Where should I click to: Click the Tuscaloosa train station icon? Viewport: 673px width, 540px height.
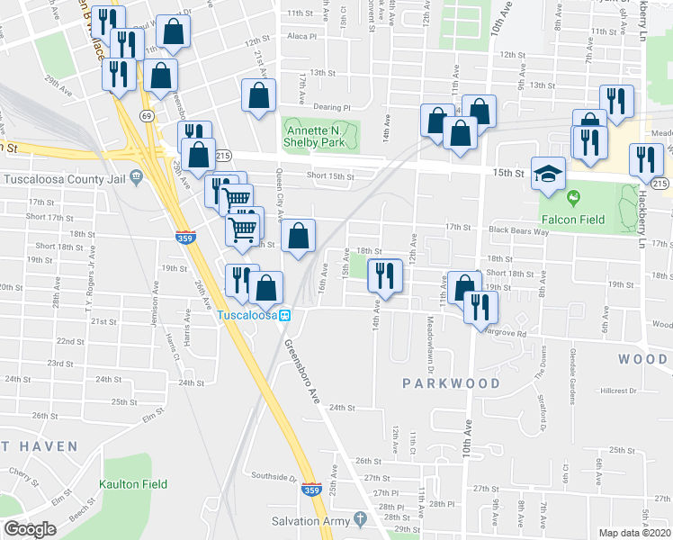pos(284,316)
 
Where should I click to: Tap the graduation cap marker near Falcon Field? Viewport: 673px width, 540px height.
pos(547,174)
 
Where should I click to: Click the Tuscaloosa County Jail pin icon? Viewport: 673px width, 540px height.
pos(136,176)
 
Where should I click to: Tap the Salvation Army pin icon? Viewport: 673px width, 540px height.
pos(360,520)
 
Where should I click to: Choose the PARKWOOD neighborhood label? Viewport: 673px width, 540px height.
pos(451,383)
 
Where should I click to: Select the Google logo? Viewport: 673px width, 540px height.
pos(30,529)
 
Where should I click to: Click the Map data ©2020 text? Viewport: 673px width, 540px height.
pos(635,533)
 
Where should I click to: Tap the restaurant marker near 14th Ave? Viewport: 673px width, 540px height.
pos(385,276)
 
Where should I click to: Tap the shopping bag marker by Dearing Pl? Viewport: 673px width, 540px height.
pos(258,97)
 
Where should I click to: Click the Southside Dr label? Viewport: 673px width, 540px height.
pos(274,477)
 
